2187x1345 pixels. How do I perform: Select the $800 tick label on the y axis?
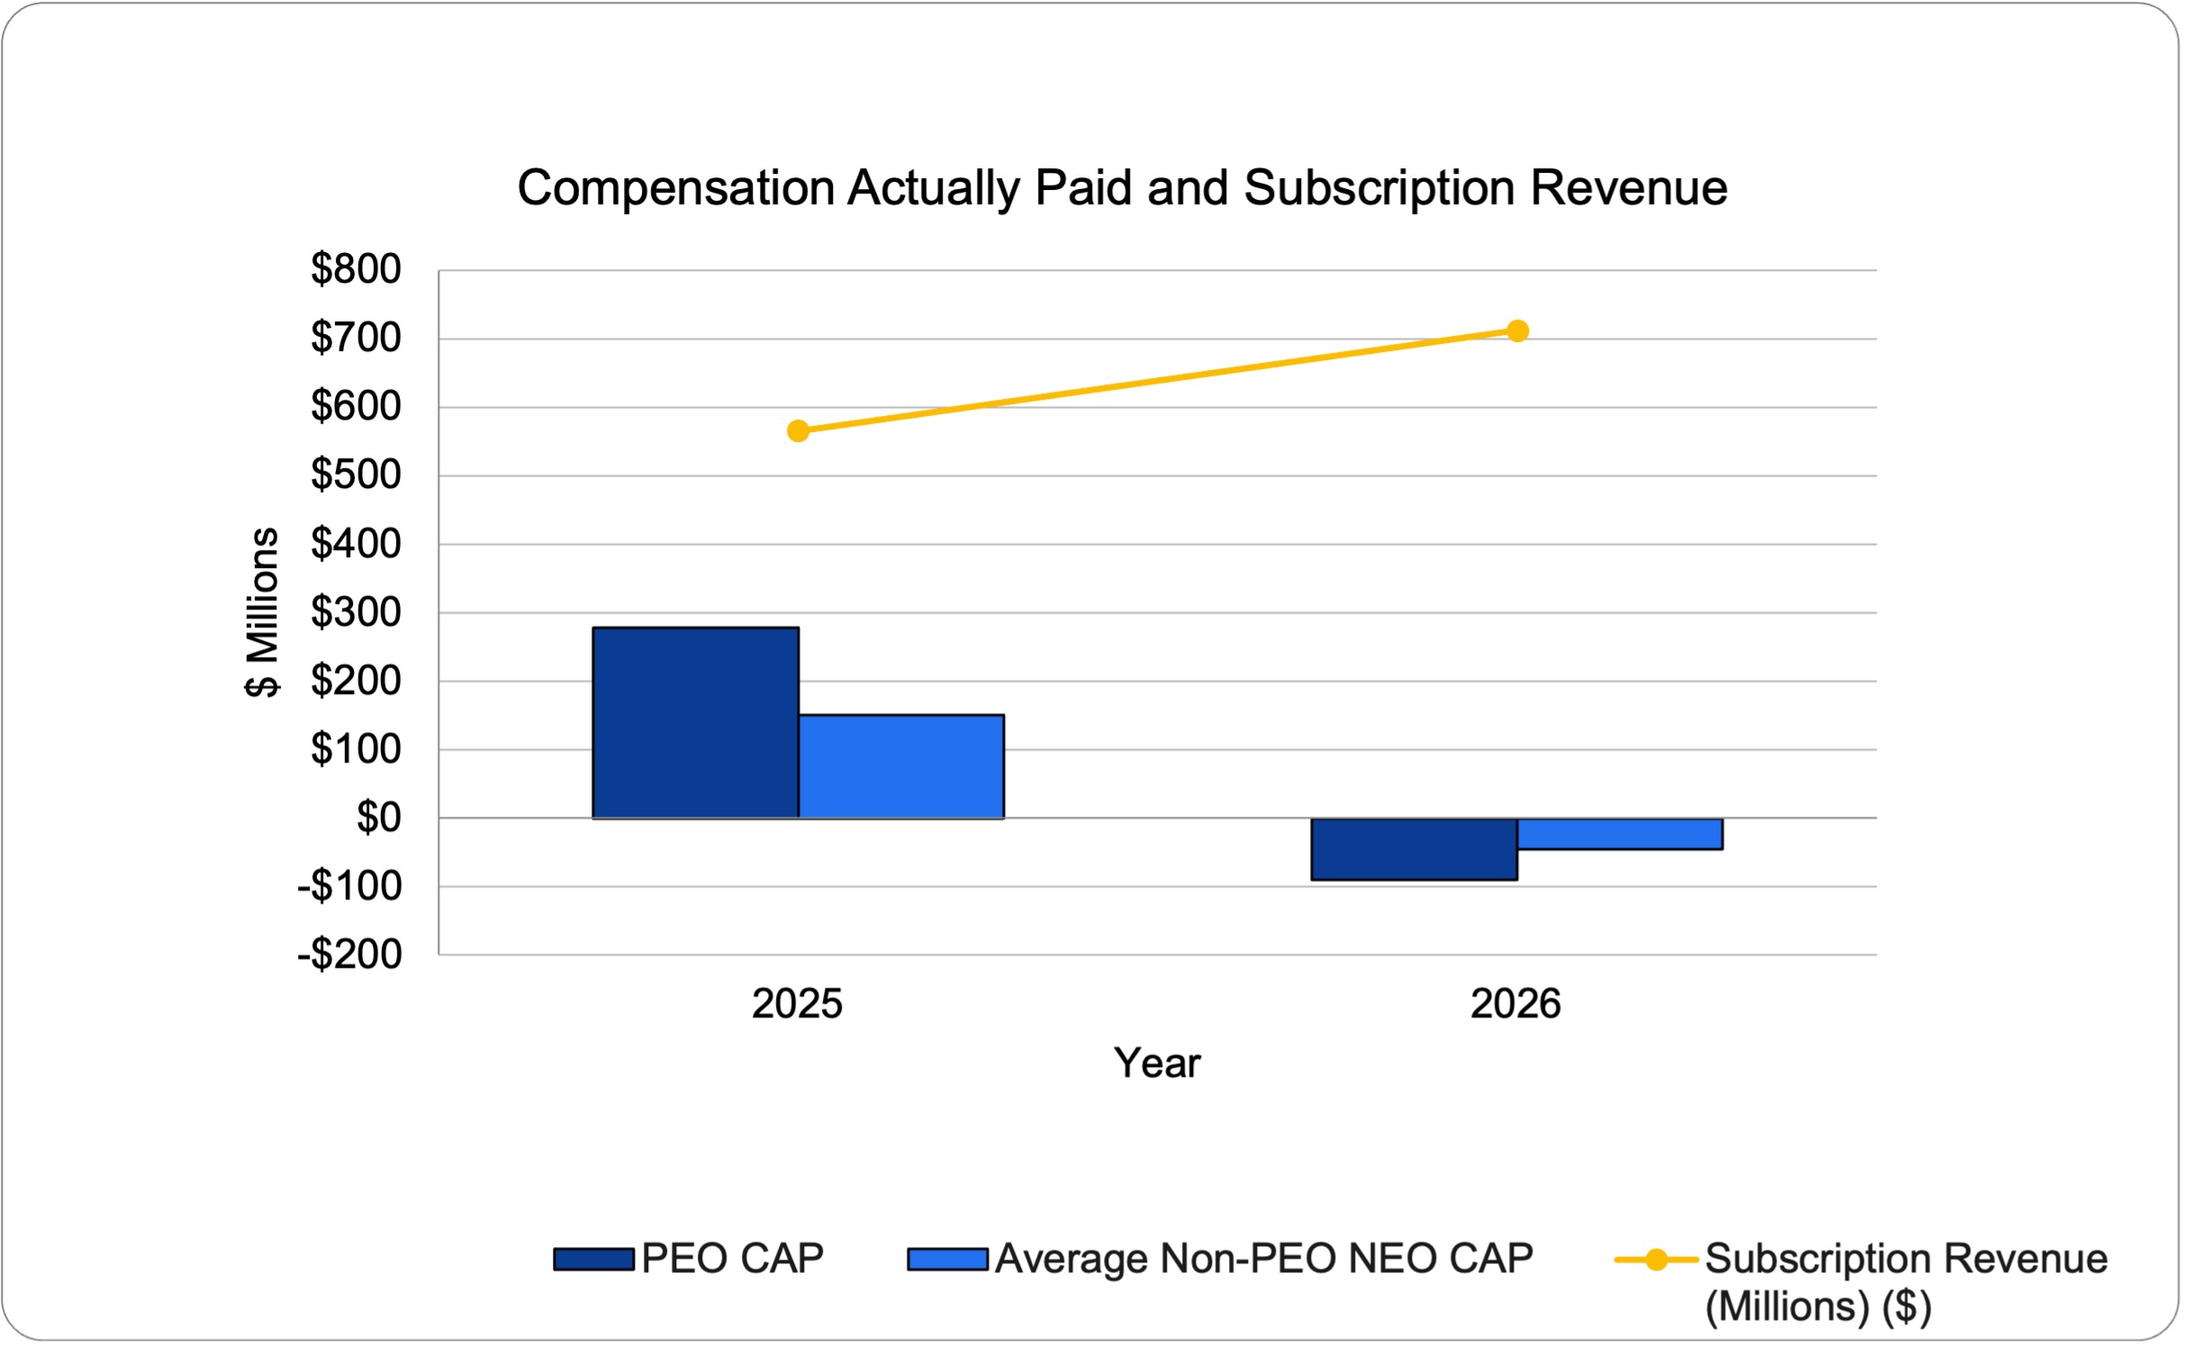point(357,270)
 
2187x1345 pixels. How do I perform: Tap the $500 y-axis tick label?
point(357,475)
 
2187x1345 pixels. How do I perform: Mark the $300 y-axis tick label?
point(357,613)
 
